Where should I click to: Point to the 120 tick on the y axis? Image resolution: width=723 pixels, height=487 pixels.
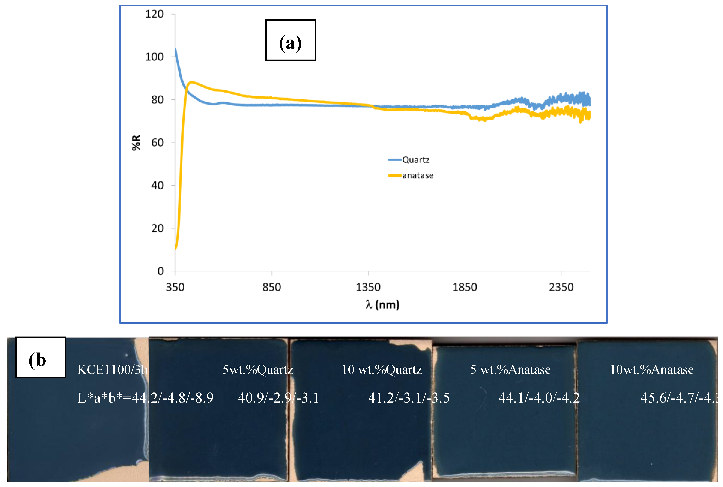click(154, 14)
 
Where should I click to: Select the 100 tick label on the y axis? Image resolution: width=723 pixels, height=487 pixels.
click(154, 57)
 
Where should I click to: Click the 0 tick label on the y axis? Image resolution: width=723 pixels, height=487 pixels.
click(160, 271)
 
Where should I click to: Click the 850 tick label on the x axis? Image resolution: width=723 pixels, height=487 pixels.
click(271, 287)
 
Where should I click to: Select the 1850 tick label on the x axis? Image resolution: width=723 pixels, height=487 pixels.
click(464, 287)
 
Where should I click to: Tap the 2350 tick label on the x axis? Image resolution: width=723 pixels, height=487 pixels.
click(561, 287)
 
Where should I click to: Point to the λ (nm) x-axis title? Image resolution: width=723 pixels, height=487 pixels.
click(382, 304)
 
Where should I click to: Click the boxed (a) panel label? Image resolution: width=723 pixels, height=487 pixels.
click(290, 40)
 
